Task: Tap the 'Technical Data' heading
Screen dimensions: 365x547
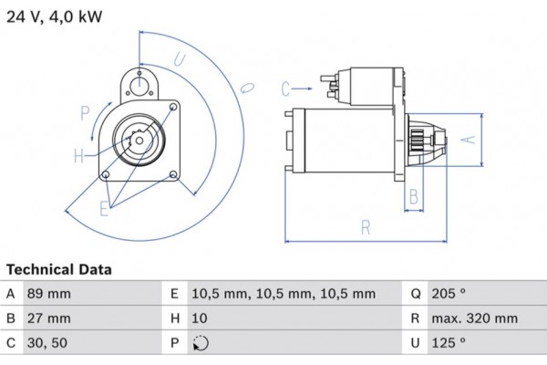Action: pos(58,270)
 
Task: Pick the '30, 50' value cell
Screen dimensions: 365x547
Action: pos(49,343)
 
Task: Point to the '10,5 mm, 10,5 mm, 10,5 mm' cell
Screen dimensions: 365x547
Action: pos(284,294)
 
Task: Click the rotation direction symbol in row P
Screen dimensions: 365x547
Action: pos(201,344)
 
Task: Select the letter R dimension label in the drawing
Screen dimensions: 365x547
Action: pos(366,228)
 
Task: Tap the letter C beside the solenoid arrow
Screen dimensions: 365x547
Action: pos(285,89)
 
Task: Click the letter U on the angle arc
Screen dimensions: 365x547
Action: pos(180,60)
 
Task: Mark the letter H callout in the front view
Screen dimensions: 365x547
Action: pos(79,155)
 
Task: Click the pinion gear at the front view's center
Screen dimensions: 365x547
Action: pos(139,142)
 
